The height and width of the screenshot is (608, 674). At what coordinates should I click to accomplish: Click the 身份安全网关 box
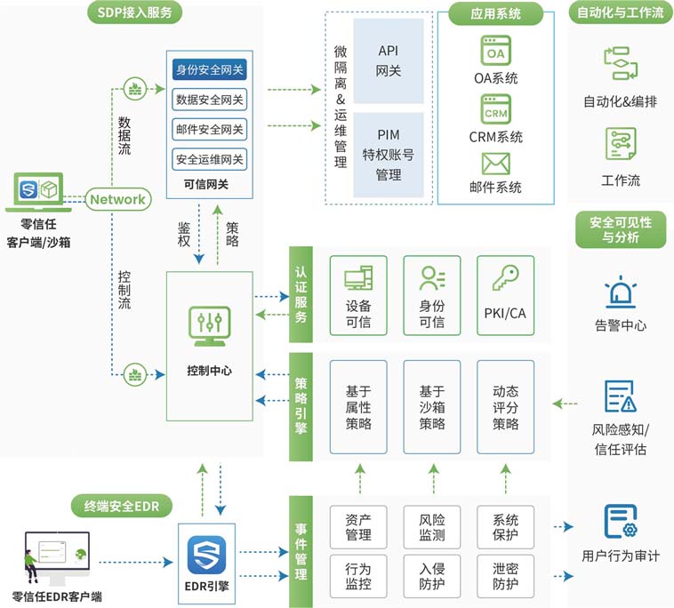click(210, 69)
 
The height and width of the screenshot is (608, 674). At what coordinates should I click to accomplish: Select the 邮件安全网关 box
click(210, 130)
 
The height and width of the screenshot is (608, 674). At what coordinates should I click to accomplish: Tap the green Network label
click(117, 199)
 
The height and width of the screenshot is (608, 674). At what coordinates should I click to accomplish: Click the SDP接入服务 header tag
click(135, 12)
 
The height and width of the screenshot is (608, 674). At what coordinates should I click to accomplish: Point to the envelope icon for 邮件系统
click(495, 164)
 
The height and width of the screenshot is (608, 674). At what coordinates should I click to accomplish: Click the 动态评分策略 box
click(506, 407)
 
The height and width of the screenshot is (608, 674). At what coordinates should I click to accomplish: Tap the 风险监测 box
click(432, 527)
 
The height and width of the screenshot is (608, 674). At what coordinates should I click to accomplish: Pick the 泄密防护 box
click(506, 576)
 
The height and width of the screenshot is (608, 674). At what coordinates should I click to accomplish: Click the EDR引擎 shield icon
click(206, 555)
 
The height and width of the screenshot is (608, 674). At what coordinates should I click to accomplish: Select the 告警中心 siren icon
click(620, 293)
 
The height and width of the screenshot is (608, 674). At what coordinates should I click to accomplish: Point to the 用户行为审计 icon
click(621, 521)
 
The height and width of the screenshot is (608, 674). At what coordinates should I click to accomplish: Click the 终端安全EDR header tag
click(121, 507)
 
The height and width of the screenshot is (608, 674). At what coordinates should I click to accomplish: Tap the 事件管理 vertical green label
click(301, 546)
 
